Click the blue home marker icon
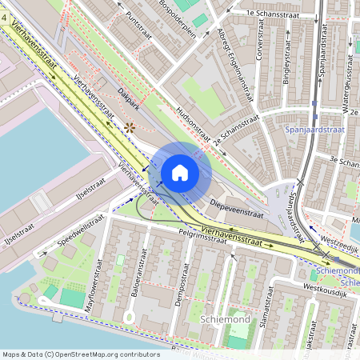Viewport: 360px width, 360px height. point(180,173)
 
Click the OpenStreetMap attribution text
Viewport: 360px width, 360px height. point(80,354)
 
